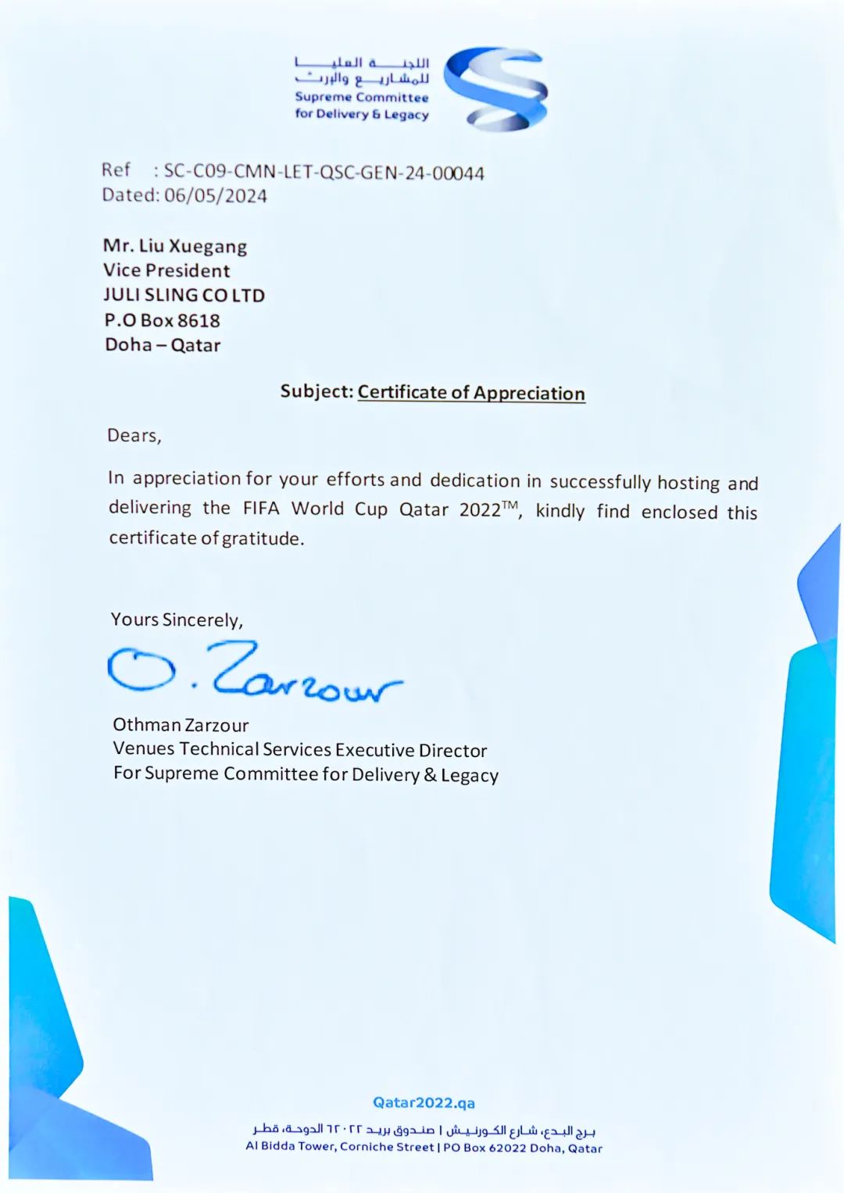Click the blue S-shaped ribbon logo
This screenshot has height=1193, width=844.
pyautogui.click(x=496, y=88)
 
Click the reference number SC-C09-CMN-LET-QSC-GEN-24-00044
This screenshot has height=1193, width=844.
pyautogui.click(x=324, y=173)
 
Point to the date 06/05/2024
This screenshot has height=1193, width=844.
pyautogui.click(x=216, y=195)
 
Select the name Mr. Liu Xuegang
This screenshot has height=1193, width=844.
pyautogui.click(x=175, y=246)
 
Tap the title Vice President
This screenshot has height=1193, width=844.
pyautogui.click(x=166, y=270)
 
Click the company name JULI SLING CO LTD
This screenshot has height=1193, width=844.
pyautogui.click(x=184, y=295)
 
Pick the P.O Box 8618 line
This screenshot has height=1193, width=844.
pyautogui.click(x=163, y=320)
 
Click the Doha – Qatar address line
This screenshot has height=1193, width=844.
pyautogui.click(x=163, y=345)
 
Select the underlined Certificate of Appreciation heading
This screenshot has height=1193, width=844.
pyautogui.click(x=471, y=393)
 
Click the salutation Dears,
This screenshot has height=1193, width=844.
pyautogui.click(x=134, y=435)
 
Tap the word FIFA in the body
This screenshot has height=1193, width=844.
pyautogui.click(x=261, y=509)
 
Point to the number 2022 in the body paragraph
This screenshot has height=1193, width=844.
pyautogui.click(x=480, y=510)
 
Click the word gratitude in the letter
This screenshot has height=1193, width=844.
pyautogui.click(x=263, y=538)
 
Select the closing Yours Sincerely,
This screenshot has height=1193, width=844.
pyautogui.click(x=177, y=620)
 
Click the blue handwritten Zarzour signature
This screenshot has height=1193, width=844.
pyautogui.click(x=258, y=673)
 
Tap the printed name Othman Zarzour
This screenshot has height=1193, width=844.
pyautogui.click(x=181, y=725)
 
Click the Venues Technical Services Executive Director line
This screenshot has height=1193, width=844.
pyautogui.click(x=300, y=749)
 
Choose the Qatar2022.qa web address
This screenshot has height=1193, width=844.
pyautogui.click(x=424, y=1102)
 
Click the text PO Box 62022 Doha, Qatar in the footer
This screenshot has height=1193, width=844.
pyautogui.click(x=523, y=1148)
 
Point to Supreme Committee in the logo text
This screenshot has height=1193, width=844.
pyautogui.click(x=362, y=98)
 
